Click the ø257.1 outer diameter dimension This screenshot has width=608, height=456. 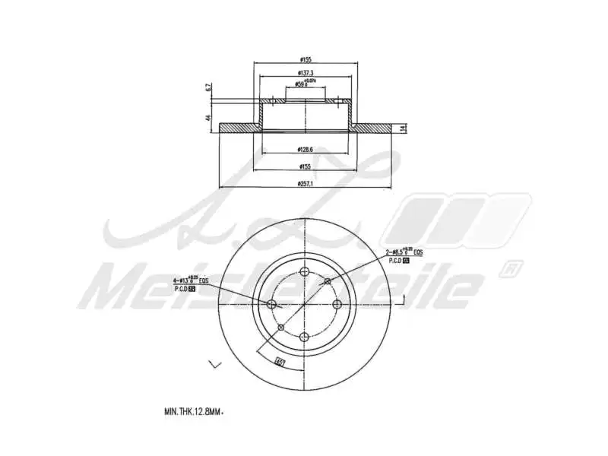(x=306, y=183)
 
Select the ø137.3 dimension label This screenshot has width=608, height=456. (x=306, y=72)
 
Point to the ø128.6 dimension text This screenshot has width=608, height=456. (x=306, y=150)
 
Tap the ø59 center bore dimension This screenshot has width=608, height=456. (x=305, y=84)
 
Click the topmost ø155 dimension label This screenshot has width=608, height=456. (x=306, y=59)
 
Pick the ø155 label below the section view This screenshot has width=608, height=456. (x=306, y=166)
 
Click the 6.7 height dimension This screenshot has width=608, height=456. (x=207, y=88)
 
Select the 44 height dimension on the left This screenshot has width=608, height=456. (x=207, y=118)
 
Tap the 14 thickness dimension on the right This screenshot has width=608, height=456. (x=404, y=127)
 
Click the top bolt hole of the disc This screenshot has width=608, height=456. (x=305, y=273)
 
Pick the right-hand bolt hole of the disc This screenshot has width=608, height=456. (x=337, y=304)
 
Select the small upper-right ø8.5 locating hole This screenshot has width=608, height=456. (x=328, y=282)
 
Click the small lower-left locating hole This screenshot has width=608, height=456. (x=282, y=328)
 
